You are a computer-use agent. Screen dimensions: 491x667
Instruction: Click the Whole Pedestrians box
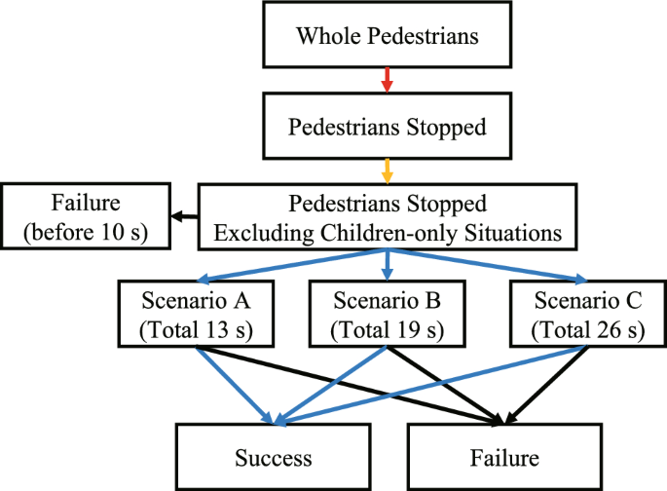(388, 38)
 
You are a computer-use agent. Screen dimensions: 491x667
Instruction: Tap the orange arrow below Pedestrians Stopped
(388, 170)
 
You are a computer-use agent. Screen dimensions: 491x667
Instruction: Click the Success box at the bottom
(273, 458)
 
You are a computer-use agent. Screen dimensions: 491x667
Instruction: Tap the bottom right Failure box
(503, 458)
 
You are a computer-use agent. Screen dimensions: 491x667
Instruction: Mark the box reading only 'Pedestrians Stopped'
(388, 126)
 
